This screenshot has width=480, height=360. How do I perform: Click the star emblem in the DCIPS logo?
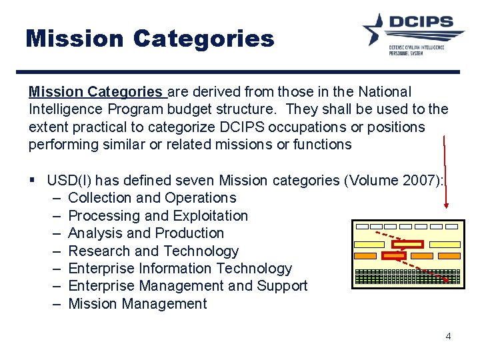pyautogui.click(x=378, y=29)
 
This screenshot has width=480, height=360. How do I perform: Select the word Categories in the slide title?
pyautogui.click(x=203, y=38)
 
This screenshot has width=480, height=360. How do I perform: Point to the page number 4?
pyautogui.click(x=448, y=336)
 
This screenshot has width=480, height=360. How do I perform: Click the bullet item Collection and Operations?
pyautogui.click(x=152, y=198)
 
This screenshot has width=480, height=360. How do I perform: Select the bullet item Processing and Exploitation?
pyautogui.click(x=158, y=216)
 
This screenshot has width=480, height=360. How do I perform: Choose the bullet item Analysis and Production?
pyautogui.click(x=146, y=233)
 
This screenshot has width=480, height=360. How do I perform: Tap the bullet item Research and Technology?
pyautogui.click(x=153, y=251)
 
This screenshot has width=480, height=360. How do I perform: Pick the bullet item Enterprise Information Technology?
pyautogui.click(x=180, y=269)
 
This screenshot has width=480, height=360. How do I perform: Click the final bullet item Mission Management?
pyautogui.click(x=137, y=304)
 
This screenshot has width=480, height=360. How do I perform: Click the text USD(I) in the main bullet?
pyautogui.click(x=71, y=181)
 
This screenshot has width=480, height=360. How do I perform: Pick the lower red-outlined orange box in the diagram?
pyautogui.click(x=394, y=255)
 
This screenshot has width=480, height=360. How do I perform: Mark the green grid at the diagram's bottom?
pyautogui.click(x=407, y=277)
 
